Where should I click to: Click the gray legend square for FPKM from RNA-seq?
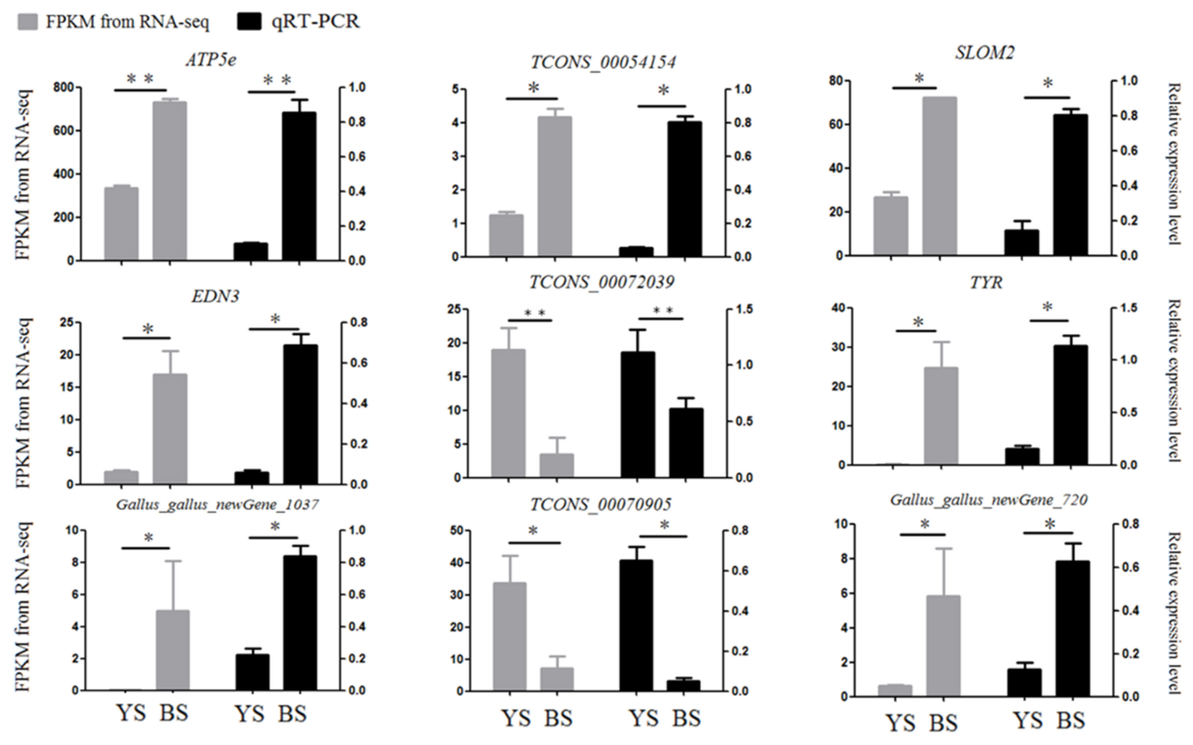coord(28,22)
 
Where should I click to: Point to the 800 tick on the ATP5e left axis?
coord(64,88)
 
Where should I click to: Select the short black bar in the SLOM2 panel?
coord(1021,243)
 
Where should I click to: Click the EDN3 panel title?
coord(216,297)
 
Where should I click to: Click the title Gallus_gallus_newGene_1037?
coord(217,505)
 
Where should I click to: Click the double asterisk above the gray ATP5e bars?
coord(140,79)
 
